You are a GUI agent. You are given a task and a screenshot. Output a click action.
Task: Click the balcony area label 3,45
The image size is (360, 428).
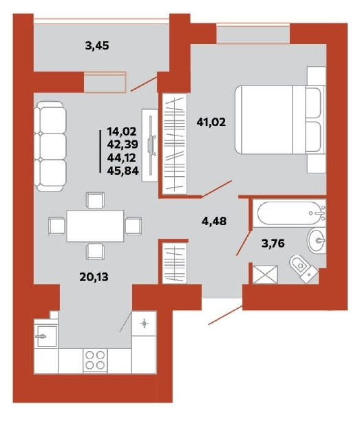pyautogui.click(x=97, y=45)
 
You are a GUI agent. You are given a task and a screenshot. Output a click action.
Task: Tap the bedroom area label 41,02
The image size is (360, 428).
pyautogui.click(x=211, y=122)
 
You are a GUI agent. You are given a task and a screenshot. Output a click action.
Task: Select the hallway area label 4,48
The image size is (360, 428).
pyautogui.click(x=214, y=221)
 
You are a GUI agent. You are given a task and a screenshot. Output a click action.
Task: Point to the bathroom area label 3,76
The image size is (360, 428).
pyautogui.click(x=273, y=243)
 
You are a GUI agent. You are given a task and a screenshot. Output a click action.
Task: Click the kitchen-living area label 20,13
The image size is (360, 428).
pyautogui.click(x=94, y=277)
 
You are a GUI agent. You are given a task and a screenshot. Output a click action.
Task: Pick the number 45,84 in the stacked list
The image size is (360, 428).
pyautogui.click(x=123, y=171)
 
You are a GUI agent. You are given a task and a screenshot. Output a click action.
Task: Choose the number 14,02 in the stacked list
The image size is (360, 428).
pyautogui.click(x=122, y=132)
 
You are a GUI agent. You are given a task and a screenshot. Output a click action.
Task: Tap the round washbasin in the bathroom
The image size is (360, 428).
pyautogui.click(x=317, y=240)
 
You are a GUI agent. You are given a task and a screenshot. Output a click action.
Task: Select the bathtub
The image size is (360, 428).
pyautogui.click(x=289, y=213)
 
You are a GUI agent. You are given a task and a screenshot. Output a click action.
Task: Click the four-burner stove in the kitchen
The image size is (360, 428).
pyautogui.click(x=95, y=360)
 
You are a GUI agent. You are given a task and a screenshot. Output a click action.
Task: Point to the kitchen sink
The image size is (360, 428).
pyautogui.click(x=46, y=336)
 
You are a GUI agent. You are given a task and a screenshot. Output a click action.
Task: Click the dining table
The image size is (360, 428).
pyautogui.click(x=95, y=226)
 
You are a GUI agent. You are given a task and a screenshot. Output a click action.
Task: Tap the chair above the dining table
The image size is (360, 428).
pyautogui.click(x=95, y=200)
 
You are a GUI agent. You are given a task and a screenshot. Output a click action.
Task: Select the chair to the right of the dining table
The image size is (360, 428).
pyautogui.click(x=134, y=226)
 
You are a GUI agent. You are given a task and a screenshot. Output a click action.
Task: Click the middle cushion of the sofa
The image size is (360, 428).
pyautogui.click(x=50, y=147)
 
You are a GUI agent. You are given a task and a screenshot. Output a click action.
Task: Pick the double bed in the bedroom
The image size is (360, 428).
pyautogui.click(x=280, y=120)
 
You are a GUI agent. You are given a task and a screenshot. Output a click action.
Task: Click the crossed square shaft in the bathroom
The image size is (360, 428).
pyautogui.click(x=265, y=274)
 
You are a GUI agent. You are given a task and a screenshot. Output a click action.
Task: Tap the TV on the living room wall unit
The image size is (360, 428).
pyautogui.click(x=151, y=145)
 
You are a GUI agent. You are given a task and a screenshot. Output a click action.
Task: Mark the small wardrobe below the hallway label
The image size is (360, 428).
pyautogui.click(x=174, y=263)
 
